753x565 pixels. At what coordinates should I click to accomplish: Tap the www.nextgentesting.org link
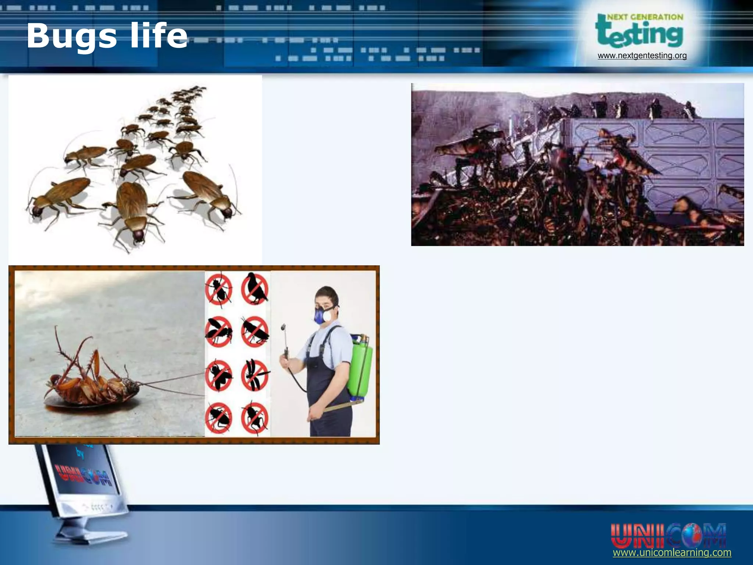click(x=642, y=56)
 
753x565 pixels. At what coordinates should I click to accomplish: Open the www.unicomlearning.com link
click(x=672, y=552)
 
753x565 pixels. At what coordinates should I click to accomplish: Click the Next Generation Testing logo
click(x=639, y=32)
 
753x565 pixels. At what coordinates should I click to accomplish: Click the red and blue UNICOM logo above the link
click(x=668, y=536)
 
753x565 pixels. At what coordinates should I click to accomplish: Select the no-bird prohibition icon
click(x=255, y=289)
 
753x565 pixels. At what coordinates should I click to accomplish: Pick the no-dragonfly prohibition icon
click(x=255, y=375)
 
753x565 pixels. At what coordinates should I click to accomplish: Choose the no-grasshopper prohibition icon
click(x=255, y=331)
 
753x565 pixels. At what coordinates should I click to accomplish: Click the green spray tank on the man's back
click(x=360, y=368)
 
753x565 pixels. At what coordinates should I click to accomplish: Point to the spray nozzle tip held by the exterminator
click(x=283, y=326)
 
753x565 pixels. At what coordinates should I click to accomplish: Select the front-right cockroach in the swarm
click(x=210, y=193)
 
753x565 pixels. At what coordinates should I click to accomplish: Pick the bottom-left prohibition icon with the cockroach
click(x=219, y=418)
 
